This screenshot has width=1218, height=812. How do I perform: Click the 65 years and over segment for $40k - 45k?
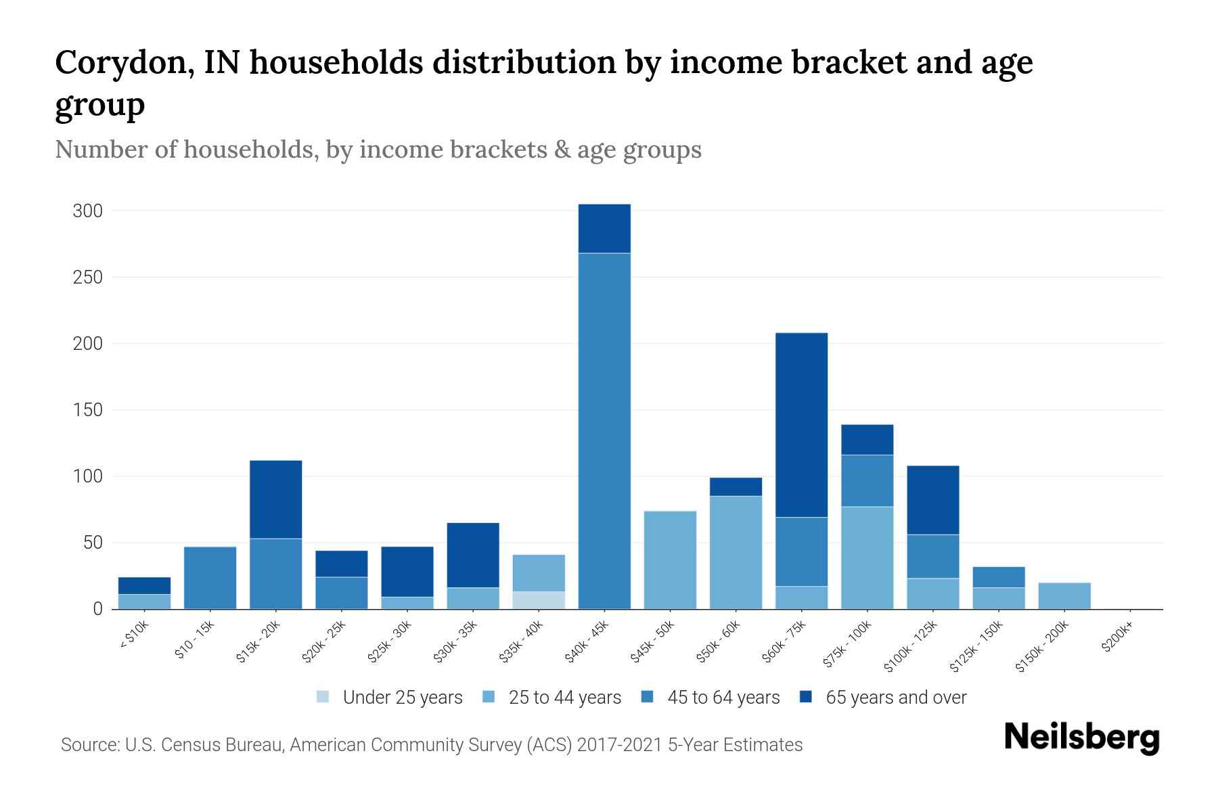(604, 229)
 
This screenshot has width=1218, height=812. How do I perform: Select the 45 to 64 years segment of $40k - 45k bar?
(604, 430)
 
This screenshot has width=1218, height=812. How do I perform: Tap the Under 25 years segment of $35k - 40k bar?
(539, 600)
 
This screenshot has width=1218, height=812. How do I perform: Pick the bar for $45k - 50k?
(670, 560)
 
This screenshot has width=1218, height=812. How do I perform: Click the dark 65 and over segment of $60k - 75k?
(801, 425)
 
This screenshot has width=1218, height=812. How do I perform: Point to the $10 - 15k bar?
(210, 577)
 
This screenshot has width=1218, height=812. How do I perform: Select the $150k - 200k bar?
(1064, 595)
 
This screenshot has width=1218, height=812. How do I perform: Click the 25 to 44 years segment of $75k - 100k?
(867, 558)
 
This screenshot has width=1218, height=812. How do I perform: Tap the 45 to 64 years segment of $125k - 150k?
(998, 577)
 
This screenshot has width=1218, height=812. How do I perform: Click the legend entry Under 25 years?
(403, 698)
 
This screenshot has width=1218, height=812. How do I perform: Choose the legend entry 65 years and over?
(895, 698)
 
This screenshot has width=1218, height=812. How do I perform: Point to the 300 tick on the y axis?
(88, 211)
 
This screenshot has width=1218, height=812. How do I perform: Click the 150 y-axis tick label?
(88, 410)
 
